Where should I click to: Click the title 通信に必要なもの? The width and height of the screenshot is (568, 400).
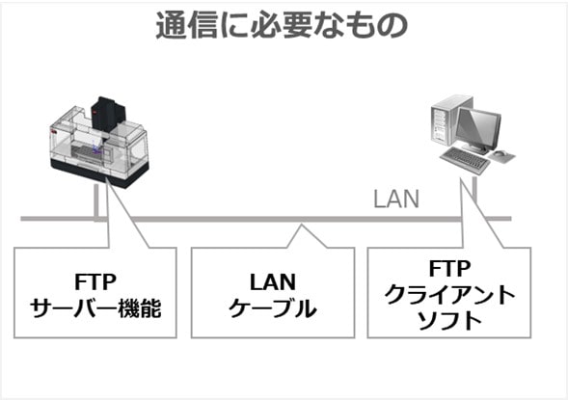tap(283, 26)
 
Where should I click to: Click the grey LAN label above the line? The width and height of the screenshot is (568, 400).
tap(396, 199)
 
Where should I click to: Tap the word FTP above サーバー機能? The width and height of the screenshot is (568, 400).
tap(95, 282)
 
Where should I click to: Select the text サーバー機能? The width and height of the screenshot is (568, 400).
tap(95, 308)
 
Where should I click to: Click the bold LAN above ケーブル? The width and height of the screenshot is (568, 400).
tap(273, 282)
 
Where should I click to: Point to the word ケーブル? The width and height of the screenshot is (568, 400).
tap(273, 308)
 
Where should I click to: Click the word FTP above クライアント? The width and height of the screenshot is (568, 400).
tap(449, 269)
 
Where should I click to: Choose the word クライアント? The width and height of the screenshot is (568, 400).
tap(449, 295)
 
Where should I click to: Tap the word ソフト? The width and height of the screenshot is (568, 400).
tap(449, 321)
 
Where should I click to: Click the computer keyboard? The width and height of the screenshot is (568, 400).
tap(465, 160)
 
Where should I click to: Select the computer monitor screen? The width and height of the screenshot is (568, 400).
tap(478, 128)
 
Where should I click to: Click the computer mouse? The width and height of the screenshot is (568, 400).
tap(500, 153)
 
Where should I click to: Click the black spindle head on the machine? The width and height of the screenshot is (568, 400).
tap(108, 113)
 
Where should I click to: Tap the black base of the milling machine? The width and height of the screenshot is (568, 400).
tap(99, 173)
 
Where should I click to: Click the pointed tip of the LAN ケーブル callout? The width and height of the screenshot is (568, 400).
tap(302, 225)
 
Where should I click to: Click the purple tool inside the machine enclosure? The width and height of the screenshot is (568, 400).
tap(95, 147)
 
